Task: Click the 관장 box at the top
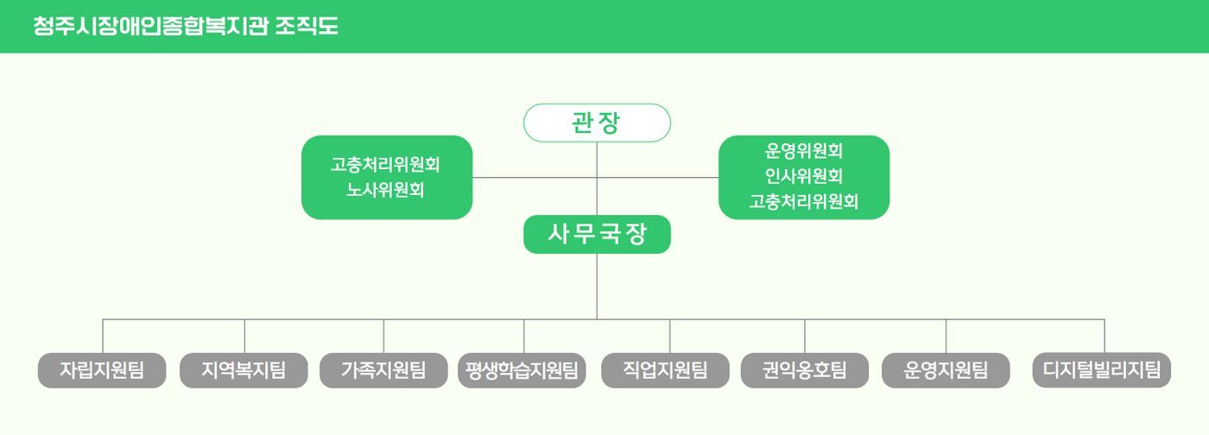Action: [597, 123]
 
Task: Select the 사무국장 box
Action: [597, 234]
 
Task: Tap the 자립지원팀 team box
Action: [102, 370]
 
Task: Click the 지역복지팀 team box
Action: [244, 370]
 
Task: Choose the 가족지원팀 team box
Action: [383, 370]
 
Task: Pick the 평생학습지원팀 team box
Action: [523, 371]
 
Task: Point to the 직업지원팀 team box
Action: [665, 370]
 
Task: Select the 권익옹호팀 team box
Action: [805, 370]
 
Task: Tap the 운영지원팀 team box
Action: [946, 370]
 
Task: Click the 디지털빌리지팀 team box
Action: [1102, 370]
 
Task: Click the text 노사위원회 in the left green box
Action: [386, 189]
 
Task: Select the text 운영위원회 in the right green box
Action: [804, 151]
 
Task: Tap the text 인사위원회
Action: [804, 176]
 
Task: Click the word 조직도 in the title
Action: [307, 26]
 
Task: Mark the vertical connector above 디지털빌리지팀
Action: [1104, 336]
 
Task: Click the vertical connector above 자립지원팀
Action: [103, 336]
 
